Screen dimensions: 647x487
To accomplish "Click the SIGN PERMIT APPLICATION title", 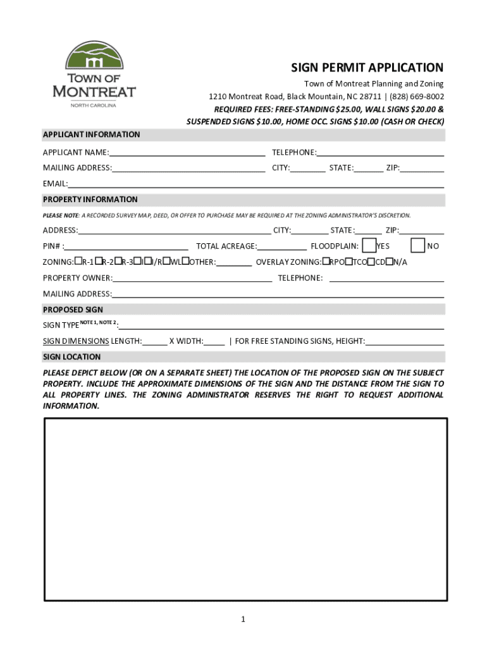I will point(367,68).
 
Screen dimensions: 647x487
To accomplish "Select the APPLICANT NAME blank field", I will point(187,152).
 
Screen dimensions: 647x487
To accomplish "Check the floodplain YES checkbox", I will point(369,246).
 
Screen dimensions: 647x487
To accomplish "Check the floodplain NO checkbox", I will point(417,246).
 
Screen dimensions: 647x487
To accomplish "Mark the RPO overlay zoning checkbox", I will point(326,261).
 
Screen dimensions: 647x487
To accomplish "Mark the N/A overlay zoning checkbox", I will point(390,261).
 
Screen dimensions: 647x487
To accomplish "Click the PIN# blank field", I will point(126,246).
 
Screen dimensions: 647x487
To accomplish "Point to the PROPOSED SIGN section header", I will point(73,310).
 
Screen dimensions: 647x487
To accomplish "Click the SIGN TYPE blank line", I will point(281,325).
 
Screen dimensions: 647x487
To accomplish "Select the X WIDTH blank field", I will point(214,341).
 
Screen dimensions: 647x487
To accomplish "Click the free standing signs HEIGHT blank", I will point(404,341).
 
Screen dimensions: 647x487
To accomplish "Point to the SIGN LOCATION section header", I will point(71,357).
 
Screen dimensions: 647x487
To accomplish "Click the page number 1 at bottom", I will point(244,619).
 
